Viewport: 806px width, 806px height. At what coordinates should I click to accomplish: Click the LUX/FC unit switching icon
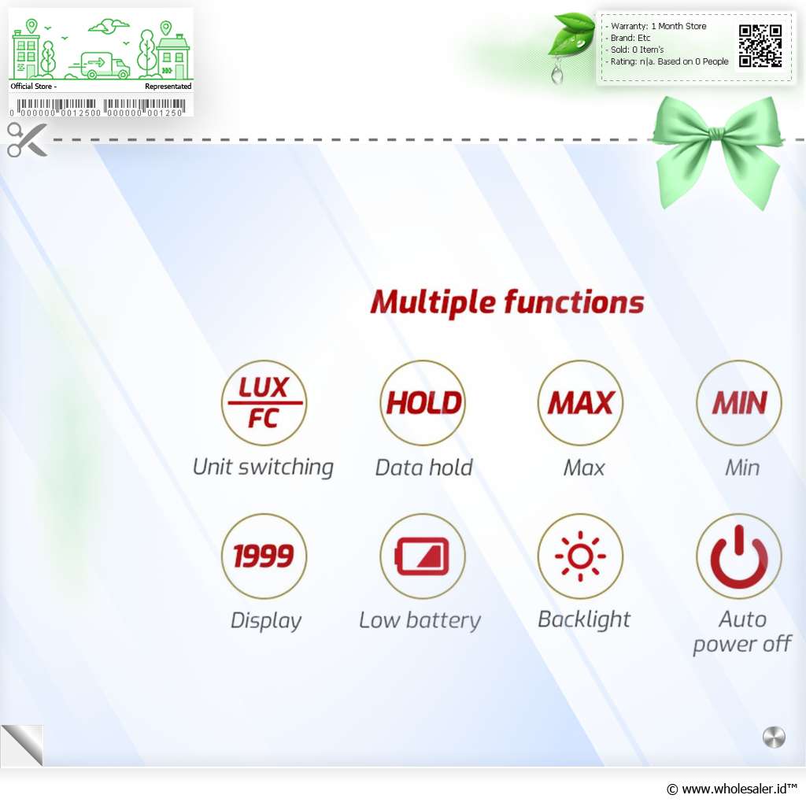coord(264,402)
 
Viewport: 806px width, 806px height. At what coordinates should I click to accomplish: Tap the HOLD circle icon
coord(423,402)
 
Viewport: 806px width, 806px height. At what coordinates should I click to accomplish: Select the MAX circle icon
coord(580,402)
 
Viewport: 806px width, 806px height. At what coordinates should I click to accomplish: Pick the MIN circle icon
coord(738,402)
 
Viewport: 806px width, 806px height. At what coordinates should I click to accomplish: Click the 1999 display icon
coord(264,556)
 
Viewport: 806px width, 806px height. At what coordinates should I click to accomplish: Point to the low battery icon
coord(423,556)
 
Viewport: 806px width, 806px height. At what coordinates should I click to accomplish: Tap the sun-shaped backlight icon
coord(580,556)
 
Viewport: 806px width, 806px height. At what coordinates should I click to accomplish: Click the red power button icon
coord(738,556)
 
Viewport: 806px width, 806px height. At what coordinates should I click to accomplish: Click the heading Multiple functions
coord(507,302)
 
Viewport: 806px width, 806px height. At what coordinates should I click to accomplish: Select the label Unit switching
coord(263,468)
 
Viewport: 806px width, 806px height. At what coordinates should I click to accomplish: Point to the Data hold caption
coord(423,468)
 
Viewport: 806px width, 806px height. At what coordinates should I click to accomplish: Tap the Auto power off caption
coord(741,632)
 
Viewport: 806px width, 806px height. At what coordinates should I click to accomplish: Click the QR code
coord(760,46)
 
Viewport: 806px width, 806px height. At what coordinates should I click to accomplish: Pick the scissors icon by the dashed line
coord(27,139)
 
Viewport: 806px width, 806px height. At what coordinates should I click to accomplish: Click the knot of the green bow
coord(715,134)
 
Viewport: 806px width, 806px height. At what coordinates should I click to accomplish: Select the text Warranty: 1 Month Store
coord(659,26)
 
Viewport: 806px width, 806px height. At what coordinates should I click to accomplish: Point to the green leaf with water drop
coord(571,36)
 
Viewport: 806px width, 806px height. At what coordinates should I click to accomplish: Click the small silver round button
coord(774,738)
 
